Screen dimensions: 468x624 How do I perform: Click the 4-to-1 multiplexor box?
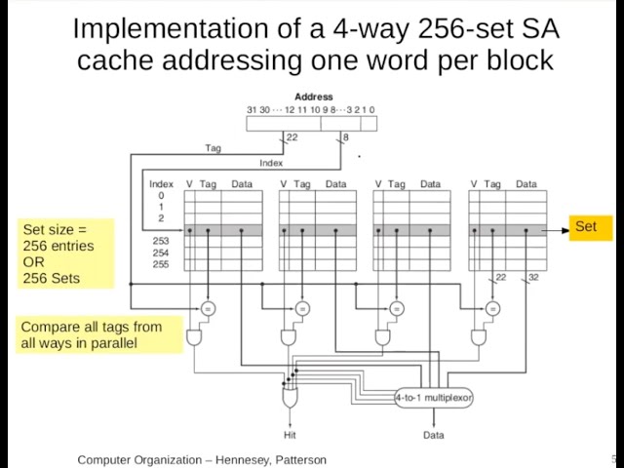pos(433,398)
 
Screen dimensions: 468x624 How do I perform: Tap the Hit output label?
pos(290,435)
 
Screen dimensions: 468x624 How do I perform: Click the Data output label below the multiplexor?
pos(433,435)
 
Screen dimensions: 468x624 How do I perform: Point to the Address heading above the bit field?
pos(313,97)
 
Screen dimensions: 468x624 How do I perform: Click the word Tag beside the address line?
pos(213,148)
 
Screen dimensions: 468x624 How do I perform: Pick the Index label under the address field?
pos(271,163)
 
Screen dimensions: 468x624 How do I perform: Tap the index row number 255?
pos(160,264)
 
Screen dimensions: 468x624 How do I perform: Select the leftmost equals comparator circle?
pos(208,308)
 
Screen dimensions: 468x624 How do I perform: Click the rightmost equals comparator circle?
pos(493,308)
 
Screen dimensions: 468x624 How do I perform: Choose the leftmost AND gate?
pos(195,336)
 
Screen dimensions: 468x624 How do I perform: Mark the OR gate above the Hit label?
pos(290,398)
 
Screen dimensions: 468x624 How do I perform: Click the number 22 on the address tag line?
pos(292,137)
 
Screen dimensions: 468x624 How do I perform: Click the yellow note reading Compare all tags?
pos(99,334)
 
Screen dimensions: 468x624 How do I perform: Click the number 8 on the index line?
pos(346,137)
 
